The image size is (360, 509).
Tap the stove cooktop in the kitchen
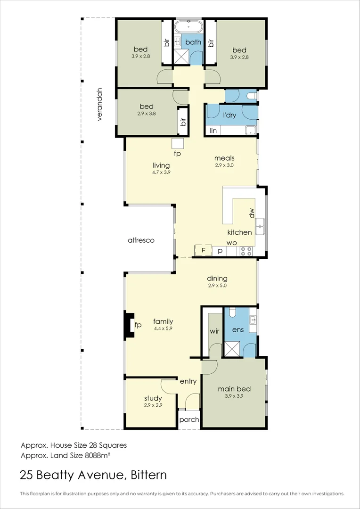[x=246, y=251]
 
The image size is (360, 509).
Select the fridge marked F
[x=203, y=251]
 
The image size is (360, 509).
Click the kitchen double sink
[x=260, y=226]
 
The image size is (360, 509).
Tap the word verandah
[x=99, y=104]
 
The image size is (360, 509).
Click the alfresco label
[x=141, y=240]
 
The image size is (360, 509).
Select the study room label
[x=153, y=398]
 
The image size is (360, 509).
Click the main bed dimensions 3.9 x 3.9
[x=234, y=396]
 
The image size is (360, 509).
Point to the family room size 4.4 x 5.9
[x=164, y=328]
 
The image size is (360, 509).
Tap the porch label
[x=189, y=420]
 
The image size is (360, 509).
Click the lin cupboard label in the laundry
[x=213, y=131]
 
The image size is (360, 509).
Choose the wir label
[x=215, y=331]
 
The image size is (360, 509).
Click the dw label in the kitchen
[x=251, y=213]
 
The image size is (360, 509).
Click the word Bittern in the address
[x=149, y=475]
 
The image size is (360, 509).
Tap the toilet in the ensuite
[x=232, y=312]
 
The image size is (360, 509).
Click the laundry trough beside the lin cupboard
[x=251, y=131]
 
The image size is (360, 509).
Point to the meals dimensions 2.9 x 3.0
[x=224, y=165]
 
